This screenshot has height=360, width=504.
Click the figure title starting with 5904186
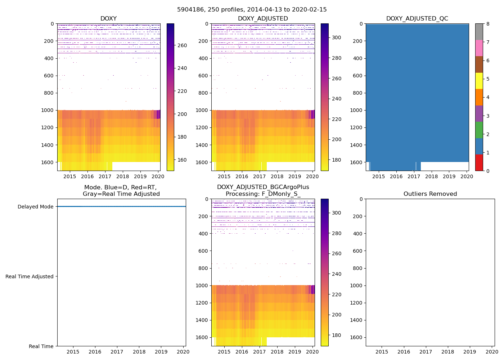pyautogui.click(x=252, y=10)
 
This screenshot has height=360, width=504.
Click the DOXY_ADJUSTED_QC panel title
pyautogui.click(x=417, y=19)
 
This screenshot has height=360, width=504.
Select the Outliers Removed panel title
pyautogui.click(x=430, y=194)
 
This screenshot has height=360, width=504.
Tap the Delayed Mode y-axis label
pyautogui.click(x=35, y=207)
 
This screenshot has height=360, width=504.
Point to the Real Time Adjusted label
pyautogui.click(x=30, y=276)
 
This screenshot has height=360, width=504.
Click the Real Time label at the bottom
pyautogui.click(x=41, y=346)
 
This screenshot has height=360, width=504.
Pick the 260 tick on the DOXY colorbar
pyautogui.click(x=182, y=45)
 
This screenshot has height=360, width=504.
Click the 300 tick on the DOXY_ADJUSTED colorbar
pyautogui.click(x=336, y=37)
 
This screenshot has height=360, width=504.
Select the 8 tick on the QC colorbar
pyautogui.click(x=488, y=24)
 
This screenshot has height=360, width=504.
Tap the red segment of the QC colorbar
pyautogui.click(x=479, y=163)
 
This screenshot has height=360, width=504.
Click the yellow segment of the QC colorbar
pyautogui.click(x=479, y=81)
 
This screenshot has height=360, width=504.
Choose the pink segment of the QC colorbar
pyautogui.click(x=479, y=48)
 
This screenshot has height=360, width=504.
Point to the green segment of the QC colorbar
pyautogui.click(x=479, y=130)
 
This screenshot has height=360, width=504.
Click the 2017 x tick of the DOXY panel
pyautogui.click(x=105, y=176)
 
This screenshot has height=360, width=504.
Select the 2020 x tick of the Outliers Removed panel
pyautogui.click(x=492, y=352)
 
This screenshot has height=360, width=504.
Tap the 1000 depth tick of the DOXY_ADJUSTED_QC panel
pyautogui.click(x=356, y=110)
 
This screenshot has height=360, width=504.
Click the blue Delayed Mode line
pyautogui.click(x=121, y=207)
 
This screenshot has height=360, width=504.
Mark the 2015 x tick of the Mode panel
pyautogui.click(x=73, y=352)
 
